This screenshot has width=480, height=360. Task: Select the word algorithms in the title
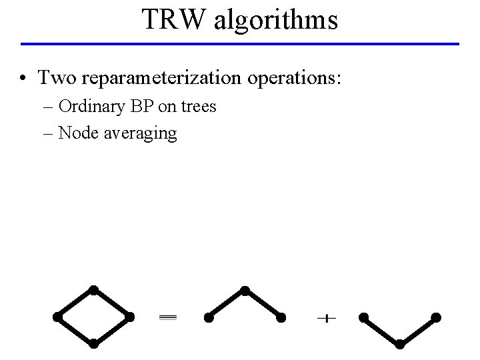coord(275,21)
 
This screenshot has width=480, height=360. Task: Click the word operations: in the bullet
coord(293,79)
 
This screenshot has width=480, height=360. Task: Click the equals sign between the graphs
coord(167,319)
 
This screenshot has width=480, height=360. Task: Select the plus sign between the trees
coord(325,319)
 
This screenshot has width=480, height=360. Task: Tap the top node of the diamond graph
coord(94,289)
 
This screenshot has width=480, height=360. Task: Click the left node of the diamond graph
coord(58,317)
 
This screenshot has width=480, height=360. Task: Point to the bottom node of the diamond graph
coord(94,344)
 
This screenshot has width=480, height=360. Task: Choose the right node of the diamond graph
coord(130,317)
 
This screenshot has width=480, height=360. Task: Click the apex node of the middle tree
coord(245,290)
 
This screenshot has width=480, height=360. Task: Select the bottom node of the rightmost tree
coord(399,344)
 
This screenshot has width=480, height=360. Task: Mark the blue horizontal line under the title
coord(240,44)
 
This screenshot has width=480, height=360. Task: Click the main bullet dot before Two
coord(24,79)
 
